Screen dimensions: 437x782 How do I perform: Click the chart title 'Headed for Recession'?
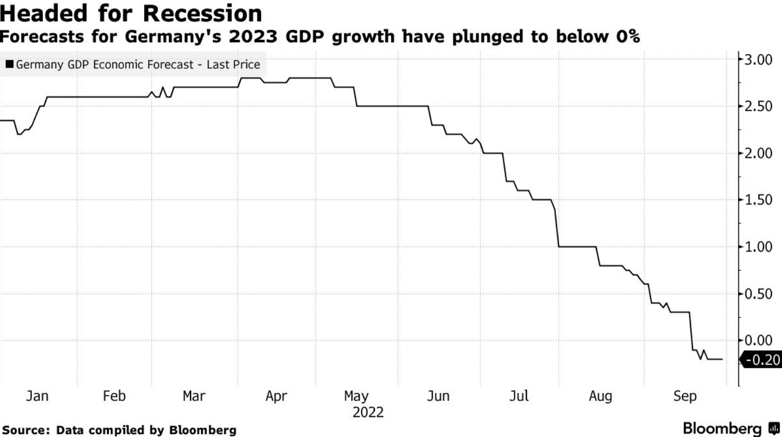131,14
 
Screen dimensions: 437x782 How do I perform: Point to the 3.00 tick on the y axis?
758,60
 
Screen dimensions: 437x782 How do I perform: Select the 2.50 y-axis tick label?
758,106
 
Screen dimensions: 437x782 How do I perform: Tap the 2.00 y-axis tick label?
758,153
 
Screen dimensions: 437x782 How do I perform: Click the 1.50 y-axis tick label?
758,200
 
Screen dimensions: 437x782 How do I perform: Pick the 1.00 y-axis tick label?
758,247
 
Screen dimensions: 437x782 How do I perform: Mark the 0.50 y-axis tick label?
758,294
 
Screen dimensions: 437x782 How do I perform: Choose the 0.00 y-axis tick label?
758,340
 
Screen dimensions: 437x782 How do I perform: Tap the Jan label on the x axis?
37,396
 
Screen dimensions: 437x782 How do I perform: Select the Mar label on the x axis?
194,396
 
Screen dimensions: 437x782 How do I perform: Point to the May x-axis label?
356,396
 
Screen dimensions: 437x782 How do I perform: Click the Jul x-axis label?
519,396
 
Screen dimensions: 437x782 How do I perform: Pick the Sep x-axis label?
684,396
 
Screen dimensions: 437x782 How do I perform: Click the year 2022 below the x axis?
368,412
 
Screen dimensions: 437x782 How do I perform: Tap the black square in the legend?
10,64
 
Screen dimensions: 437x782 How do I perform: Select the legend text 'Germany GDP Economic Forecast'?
105,65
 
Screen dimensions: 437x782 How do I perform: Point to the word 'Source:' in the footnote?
26,430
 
